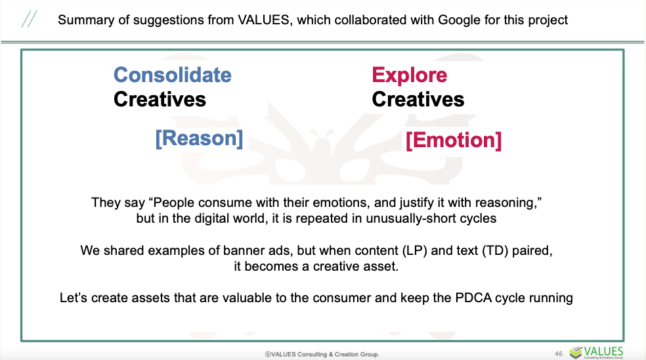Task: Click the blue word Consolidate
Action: (173, 75)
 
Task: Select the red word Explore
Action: (410, 76)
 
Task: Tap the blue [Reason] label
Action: (199, 138)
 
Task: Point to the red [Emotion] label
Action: (454, 140)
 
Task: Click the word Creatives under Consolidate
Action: (160, 99)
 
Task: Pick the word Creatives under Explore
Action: (418, 99)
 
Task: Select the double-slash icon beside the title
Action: (29, 20)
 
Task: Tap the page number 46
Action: (559, 353)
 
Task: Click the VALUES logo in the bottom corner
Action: (597, 352)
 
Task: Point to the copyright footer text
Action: (322, 354)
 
